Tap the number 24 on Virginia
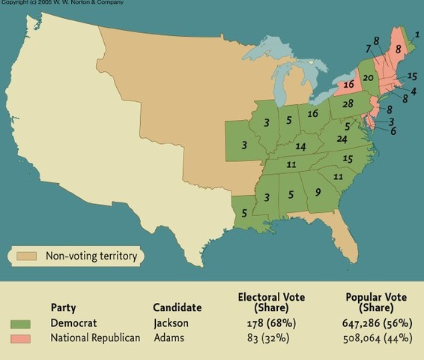[x=342, y=139]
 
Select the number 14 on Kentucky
[x=300, y=146]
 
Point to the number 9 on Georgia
[x=318, y=192]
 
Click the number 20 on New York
[x=368, y=78]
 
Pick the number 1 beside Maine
[x=417, y=34]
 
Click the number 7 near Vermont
[x=369, y=49]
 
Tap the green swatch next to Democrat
[x=22, y=323]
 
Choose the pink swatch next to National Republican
[x=22, y=338]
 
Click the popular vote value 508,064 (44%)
[x=376, y=338]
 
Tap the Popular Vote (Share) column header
[x=376, y=302]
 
